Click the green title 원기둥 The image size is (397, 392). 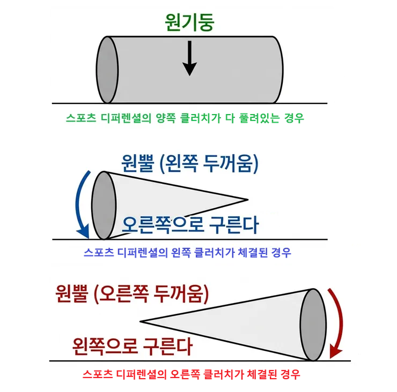pyautogui.click(x=189, y=22)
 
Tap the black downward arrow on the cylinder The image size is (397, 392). pyautogui.click(x=189, y=58)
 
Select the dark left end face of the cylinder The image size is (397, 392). pyautogui.click(x=107, y=70)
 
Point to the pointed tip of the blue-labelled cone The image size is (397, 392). pyautogui.click(x=248, y=200)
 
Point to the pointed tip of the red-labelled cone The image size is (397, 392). pyautogui.click(x=140, y=321)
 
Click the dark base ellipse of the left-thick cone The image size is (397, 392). pyautogui.click(x=104, y=205)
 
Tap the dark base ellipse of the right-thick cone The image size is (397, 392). pyautogui.click(x=313, y=325)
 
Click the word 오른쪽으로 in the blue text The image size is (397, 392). pyautogui.click(x=163, y=225)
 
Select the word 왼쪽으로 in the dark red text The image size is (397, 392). pyautogui.click(x=105, y=346)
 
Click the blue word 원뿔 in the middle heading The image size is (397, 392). pyautogui.click(x=138, y=163)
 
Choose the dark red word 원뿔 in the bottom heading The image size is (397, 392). pyautogui.click(x=72, y=293)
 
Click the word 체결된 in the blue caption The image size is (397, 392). pyautogui.click(x=253, y=252)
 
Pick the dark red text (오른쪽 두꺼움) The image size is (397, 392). pyautogui.click(x=151, y=293)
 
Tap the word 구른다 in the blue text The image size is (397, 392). pyautogui.click(x=234, y=225)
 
